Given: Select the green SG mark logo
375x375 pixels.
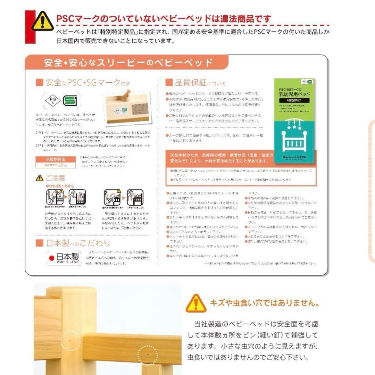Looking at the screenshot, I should [71, 101].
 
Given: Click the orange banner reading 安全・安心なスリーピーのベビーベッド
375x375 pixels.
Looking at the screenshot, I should [128, 63].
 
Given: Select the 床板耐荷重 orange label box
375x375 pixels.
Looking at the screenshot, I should [57, 162].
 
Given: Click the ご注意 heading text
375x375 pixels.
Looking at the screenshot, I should [55, 178].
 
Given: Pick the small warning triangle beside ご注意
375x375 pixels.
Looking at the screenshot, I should [40, 178].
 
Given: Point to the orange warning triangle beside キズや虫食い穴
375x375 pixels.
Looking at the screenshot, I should [196, 303].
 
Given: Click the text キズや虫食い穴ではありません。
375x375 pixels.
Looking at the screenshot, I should [264, 303].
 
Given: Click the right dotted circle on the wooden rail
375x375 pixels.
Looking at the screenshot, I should [147, 355].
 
